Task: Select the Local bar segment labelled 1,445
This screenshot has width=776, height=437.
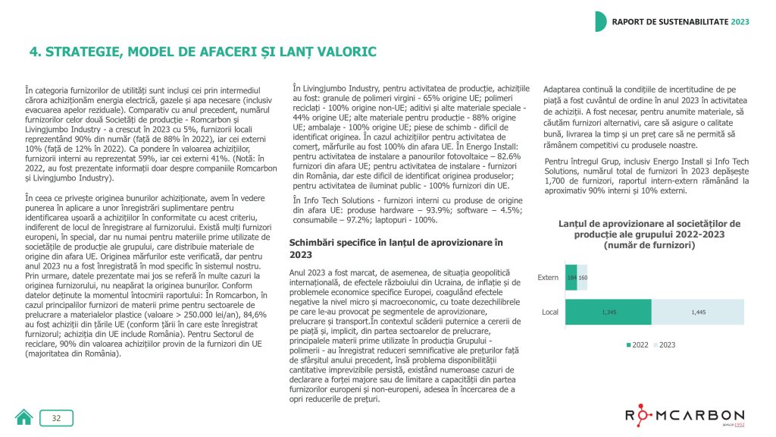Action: (x=695, y=312)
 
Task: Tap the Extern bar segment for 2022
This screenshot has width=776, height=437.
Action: (x=571, y=278)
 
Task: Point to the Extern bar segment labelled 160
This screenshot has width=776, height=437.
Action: (x=582, y=278)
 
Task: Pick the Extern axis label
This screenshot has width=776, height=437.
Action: (x=547, y=278)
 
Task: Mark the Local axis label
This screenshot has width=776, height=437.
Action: (x=549, y=312)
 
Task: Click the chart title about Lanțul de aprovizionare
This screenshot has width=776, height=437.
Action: (x=649, y=234)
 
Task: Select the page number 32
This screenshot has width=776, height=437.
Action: (x=57, y=418)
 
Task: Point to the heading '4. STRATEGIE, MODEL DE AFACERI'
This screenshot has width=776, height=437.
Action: (x=202, y=52)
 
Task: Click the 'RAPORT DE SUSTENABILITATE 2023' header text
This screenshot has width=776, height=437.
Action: (x=681, y=21)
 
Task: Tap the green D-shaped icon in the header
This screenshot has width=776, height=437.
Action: (x=600, y=21)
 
